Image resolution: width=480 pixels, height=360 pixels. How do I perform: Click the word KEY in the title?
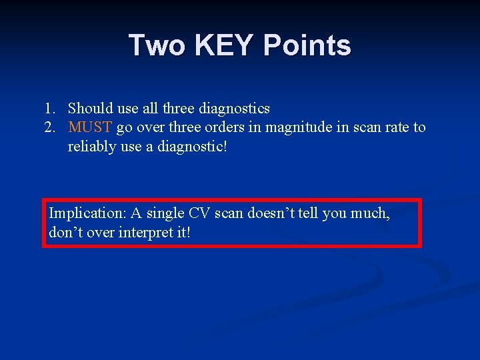(x=225, y=45)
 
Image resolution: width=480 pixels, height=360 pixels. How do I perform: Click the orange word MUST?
(x=90, y=127)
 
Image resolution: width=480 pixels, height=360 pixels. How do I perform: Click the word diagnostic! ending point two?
(x=194, y=146)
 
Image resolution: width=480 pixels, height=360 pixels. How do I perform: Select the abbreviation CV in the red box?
(x=199, y=213)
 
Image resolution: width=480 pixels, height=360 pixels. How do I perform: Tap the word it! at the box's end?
(x=181, y=233)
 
